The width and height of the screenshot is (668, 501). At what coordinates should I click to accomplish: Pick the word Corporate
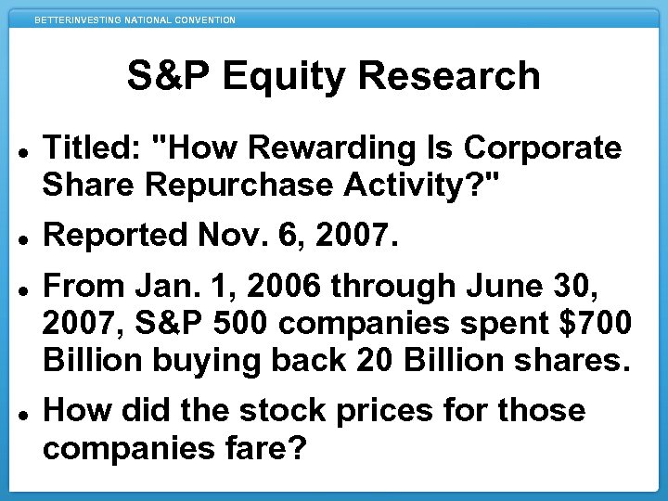tap(542, 148)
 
